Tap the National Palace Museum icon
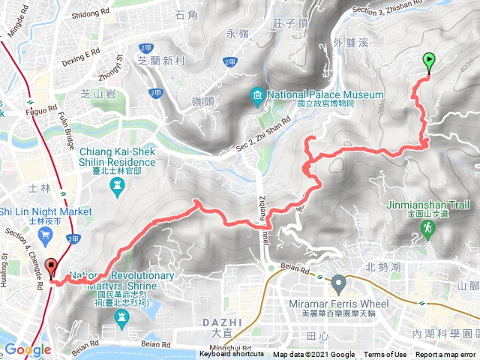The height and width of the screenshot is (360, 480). [x=257, y=95]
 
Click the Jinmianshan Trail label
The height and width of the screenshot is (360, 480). [x=428, y=204]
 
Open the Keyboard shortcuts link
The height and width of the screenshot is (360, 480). [x=231, y=355]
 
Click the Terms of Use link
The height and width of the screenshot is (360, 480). [x=385, y=355]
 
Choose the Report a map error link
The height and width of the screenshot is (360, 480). [x=445, y=355]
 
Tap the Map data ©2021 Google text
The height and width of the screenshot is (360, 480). [x=313, y=355]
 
